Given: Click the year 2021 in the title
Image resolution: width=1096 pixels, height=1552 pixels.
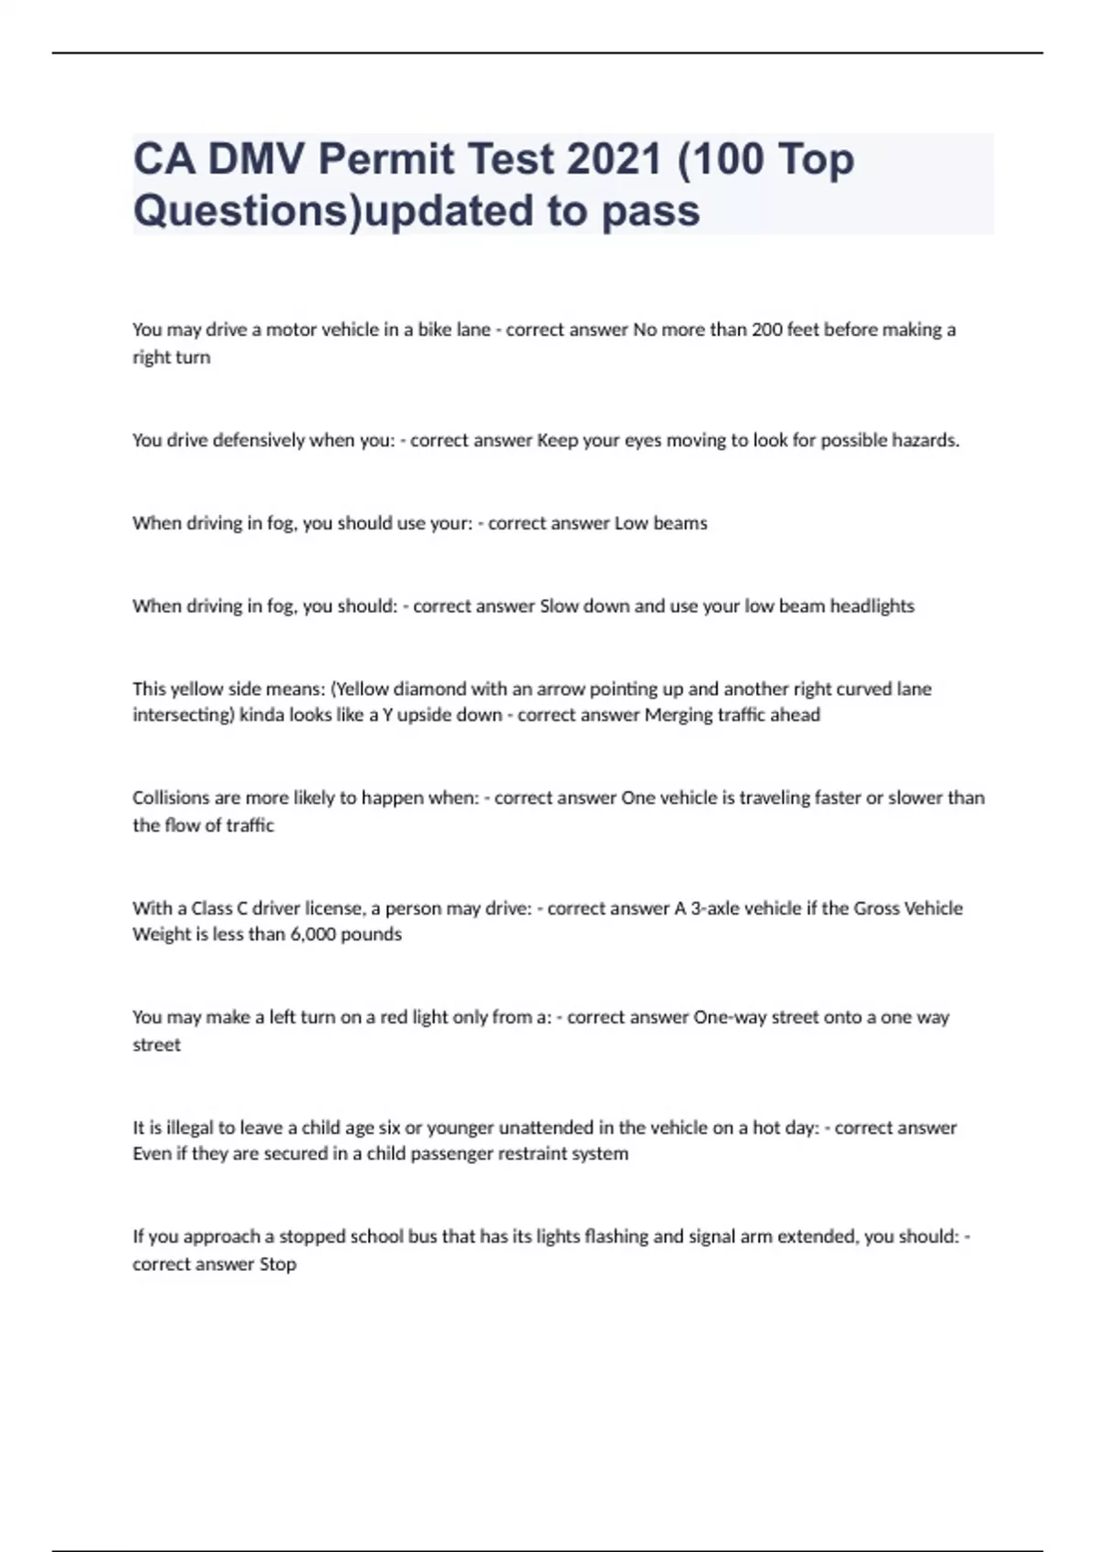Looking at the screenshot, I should [x=613, y=160].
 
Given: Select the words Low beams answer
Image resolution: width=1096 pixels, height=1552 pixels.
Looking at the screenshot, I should [x=660, y=523].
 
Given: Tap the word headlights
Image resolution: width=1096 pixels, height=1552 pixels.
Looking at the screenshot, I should [x=871, y=606].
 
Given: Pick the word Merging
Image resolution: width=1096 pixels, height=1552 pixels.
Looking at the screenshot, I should [x=679, y=715].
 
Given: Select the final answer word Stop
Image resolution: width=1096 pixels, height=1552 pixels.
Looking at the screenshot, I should [x=278, y=1264].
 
